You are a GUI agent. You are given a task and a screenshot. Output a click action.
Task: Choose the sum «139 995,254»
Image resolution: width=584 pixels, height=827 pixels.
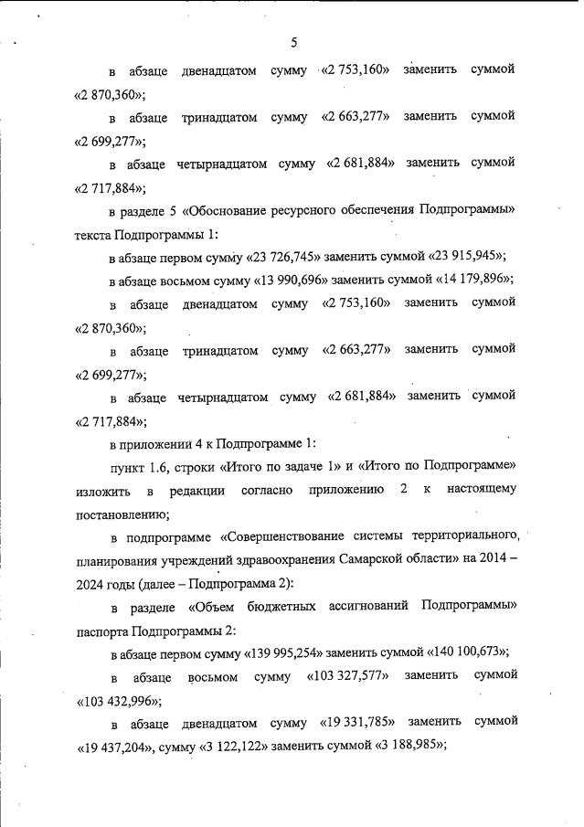pos(289,652)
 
